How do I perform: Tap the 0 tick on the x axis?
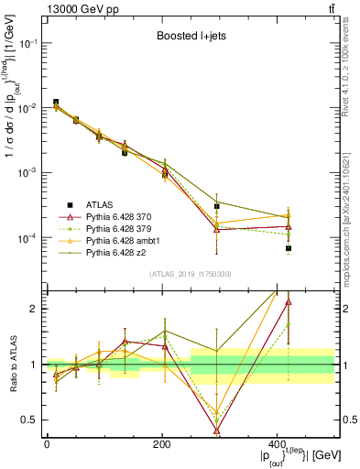coord(47,444)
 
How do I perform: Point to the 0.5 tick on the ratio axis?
coord(33,420)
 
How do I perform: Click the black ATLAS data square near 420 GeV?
coord(314,248)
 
